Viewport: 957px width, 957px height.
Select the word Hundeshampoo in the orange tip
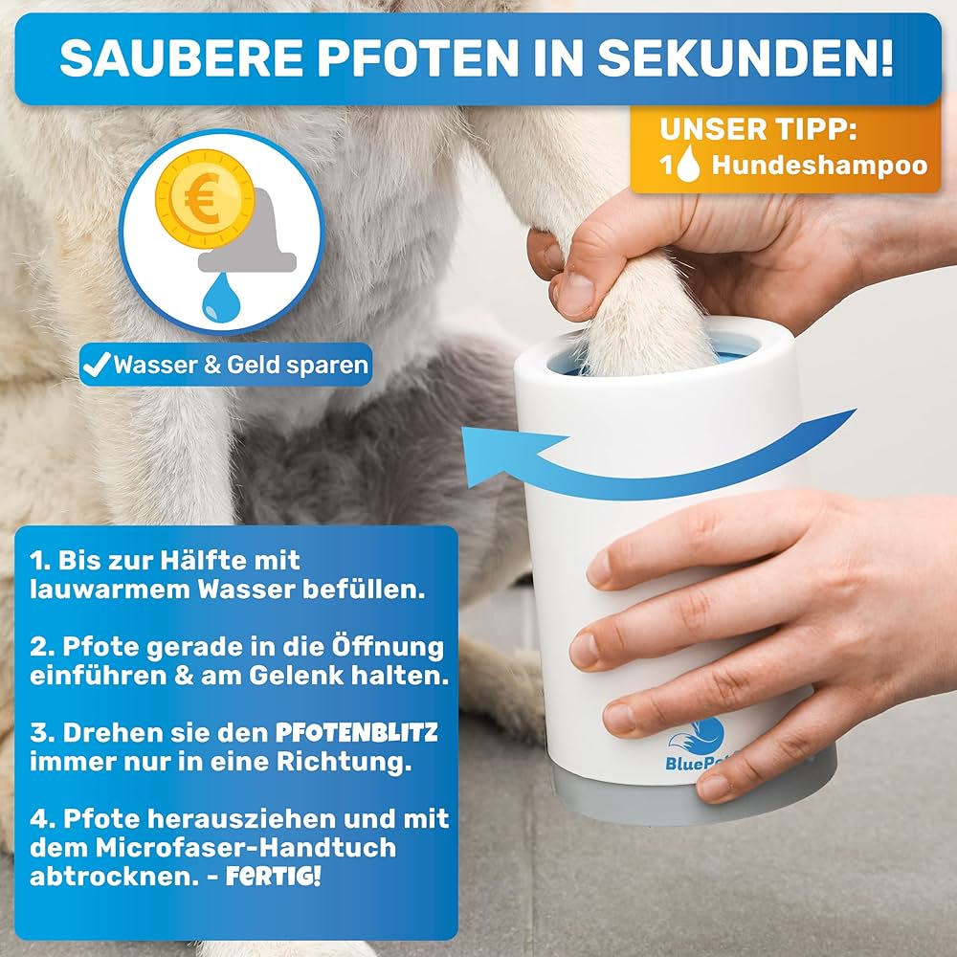[x=819, y=165]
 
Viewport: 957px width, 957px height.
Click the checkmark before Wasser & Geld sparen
[x=98, y=365]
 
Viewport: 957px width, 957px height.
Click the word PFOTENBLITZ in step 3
[x=356, y=733]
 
